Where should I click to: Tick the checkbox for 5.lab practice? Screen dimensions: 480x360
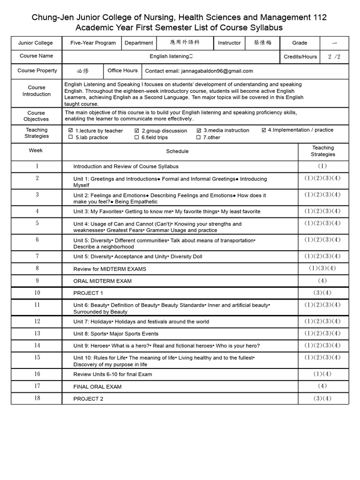tap(71, 137)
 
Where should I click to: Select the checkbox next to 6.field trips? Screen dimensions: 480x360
tap(137, 137)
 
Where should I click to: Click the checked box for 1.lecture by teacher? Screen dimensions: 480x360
tap(71, 130)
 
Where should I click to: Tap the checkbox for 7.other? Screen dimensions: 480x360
tap(199, 137)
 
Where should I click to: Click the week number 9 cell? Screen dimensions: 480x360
tap(37, 281)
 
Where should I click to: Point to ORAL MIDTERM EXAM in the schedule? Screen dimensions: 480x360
tap(102, 281)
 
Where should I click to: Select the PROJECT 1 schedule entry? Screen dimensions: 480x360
tap(88, 293)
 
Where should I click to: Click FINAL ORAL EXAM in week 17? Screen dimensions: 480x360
tap(97, 387)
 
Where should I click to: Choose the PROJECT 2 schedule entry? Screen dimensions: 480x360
tap(88, 399)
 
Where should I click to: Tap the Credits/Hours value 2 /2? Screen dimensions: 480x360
tap(335, 57)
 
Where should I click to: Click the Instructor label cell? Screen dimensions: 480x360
tap(229, 43)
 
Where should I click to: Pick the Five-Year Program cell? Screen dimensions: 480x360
tap(93, 43)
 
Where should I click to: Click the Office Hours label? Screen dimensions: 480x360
tap(122, 71)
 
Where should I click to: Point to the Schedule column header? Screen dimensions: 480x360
tap(177, 151)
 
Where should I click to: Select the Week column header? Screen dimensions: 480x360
tap(36, 150)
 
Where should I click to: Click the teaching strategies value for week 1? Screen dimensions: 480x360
tap(322, 166)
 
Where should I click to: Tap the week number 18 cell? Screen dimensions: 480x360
tap(37, 398)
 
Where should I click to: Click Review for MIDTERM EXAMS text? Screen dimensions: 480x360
tap(110, 269)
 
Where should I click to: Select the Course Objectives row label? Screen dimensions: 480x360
tap(36, 116)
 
